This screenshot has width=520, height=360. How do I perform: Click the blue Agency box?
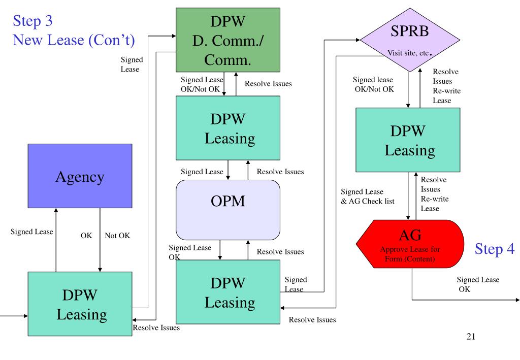coord(80,176)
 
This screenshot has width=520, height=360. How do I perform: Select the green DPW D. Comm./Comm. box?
coord(228,40)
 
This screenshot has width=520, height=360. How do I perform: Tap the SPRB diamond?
coord(410,40)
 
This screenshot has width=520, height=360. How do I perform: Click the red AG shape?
coord(410,244)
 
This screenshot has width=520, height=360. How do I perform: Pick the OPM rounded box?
coord(228,210)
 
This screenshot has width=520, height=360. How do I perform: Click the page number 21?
coord(471,337)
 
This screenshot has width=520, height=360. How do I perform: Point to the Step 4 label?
coord(495,249)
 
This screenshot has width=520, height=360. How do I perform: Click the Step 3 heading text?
coord(32,21)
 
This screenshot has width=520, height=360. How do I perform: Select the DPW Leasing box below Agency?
coord(80,304)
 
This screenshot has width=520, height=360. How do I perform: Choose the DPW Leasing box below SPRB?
coord(408,140)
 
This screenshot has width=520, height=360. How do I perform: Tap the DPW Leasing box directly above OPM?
coord(228,128)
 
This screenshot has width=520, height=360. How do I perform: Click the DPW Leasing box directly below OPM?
coord(228,292)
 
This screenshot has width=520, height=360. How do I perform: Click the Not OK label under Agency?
coord(117,236)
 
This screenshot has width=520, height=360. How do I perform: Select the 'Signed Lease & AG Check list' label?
coord(368,197)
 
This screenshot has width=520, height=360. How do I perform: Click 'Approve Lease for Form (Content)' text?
coord(410,254)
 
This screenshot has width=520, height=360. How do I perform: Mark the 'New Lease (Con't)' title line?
coord(74,40)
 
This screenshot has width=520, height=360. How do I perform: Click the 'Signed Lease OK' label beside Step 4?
coord(478,284)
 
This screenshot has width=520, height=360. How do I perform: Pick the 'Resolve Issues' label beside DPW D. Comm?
coord(268,84)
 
